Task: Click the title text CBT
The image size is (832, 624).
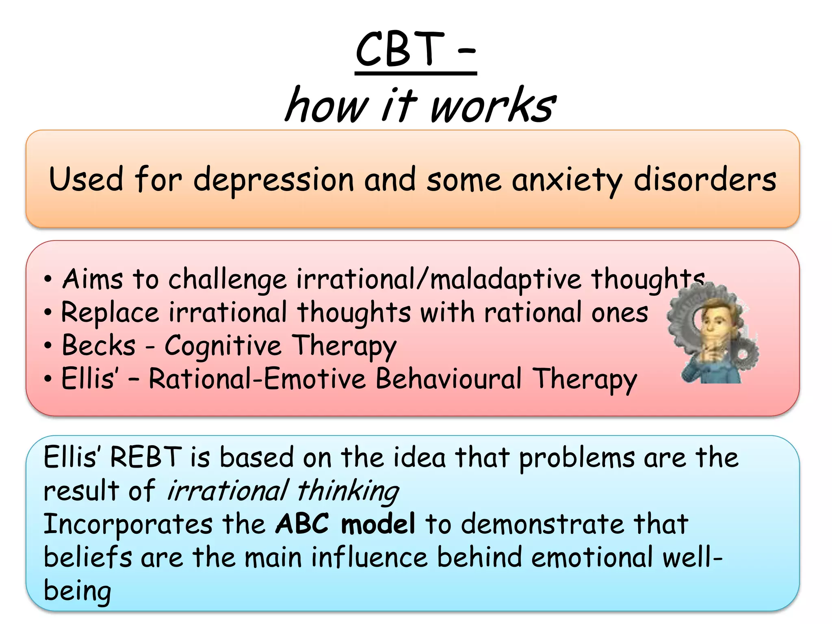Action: [x=400, y=50]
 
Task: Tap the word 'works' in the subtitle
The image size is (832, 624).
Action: [x=492, y=106]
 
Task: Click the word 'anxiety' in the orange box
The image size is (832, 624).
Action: [x=567, y=180]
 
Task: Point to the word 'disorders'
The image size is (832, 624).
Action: [x=705, y=180]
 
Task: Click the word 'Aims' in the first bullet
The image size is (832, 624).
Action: [x=93, y=279]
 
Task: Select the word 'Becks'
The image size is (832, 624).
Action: [x=99, y=346]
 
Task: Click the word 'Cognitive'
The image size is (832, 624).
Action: [x=223, y=346]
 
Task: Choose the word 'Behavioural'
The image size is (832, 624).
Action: [x=448, y=379]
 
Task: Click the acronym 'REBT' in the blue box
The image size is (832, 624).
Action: [x=146, y=457]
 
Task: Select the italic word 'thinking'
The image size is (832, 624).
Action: [x=348, y=490]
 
